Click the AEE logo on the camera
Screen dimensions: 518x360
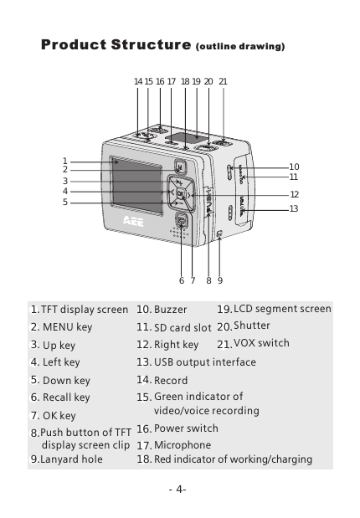coord(131,223)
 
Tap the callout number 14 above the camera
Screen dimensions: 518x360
coord(138,81)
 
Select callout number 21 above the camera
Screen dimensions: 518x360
coord(224,81)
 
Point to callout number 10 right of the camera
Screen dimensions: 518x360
coord(294,167)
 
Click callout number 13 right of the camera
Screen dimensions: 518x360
coord(294,208)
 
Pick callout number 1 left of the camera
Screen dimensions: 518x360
coord(64,161)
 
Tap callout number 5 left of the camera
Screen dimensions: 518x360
coord(64,201)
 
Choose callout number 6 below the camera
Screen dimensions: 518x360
coord(181,280)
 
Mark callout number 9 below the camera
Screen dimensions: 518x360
coord(219,280)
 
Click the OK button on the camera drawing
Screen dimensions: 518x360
coord(181,194)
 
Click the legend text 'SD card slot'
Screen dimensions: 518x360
coord(182,327)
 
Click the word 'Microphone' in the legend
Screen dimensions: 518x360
coord(183,445)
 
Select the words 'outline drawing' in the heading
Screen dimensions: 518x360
coord(240,47)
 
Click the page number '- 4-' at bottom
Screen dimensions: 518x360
coord(177,489)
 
